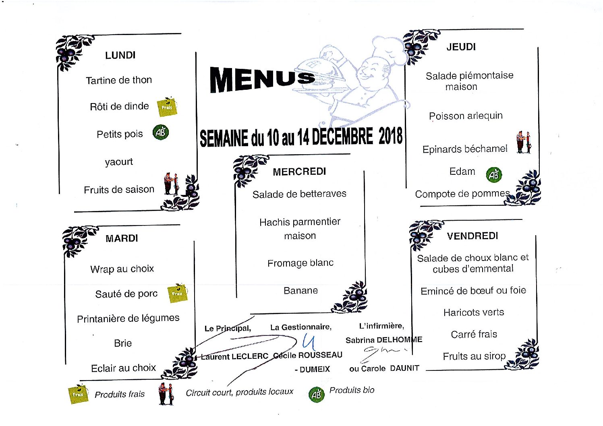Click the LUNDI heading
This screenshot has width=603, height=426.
click(120, 56)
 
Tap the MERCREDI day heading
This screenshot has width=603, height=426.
click(299, 172)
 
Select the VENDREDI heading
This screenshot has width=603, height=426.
click(472, 236)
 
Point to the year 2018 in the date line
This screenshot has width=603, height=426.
click(390, 136)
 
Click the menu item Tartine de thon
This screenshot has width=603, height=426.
click(119, 80)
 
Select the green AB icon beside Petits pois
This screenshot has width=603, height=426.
click(161, 132)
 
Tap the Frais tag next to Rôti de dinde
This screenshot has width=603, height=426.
click(167, 107)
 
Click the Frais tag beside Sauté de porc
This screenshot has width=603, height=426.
click(177, 293)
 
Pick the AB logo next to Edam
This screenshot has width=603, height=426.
click(494, 175)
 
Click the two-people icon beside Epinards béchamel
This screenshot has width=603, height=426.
click(524, 143)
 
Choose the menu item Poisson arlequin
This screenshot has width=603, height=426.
click(466, 116)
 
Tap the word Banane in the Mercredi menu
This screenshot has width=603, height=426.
click(300, 291)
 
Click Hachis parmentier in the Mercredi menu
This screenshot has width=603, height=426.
click(300, 222)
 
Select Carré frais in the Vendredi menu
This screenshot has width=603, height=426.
click(474, 334)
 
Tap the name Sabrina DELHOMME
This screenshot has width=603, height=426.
click(384, 340)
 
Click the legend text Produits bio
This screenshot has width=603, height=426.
click(352, 390)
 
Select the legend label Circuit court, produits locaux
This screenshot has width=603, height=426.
click(239, 392)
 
